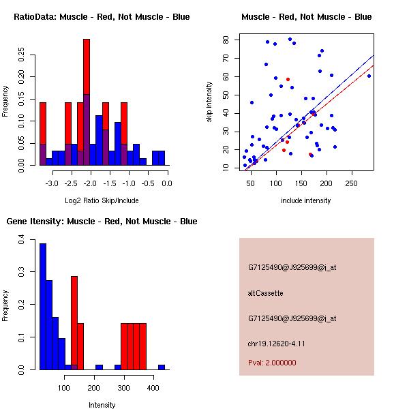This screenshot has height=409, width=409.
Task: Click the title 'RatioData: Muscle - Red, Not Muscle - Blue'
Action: pyautogui.click(x=102, y=16)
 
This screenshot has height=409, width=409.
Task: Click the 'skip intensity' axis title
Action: pyautogui.click(x=209, y=102)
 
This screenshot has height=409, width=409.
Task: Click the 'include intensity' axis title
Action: pyautogui.click(x=306, y=200)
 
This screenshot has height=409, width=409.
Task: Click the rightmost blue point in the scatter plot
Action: pyautogui.click(x=369, y=76)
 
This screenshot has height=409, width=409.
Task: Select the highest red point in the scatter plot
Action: pyautogui.click(x=288, y=79)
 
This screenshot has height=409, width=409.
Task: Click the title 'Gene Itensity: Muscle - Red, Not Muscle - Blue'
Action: pyautogui.click(x=102, y=221)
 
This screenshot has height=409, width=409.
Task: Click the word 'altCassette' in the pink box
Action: pyautogui.click(x=265, y=292)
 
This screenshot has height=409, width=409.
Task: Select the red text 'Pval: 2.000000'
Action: pyautogui.click(x=272, y=363)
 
